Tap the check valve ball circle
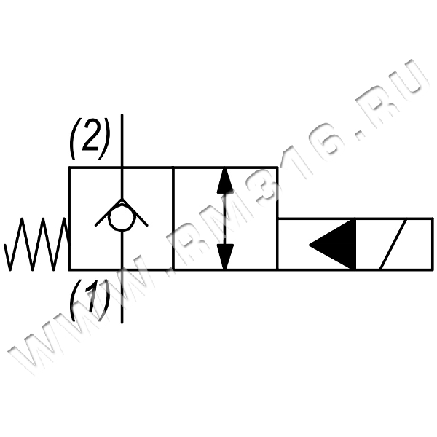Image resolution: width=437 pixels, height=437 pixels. pos(121,218)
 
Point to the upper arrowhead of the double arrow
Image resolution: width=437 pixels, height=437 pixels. pos(225,180)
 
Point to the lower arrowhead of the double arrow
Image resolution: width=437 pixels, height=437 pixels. pos(225,256)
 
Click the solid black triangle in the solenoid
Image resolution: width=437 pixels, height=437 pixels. pos(333,243)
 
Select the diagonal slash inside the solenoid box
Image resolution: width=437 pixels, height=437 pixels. pos(398,244)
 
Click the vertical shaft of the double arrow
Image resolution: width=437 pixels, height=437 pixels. pos(225,219)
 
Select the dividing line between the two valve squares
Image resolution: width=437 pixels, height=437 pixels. pos(173,219)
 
